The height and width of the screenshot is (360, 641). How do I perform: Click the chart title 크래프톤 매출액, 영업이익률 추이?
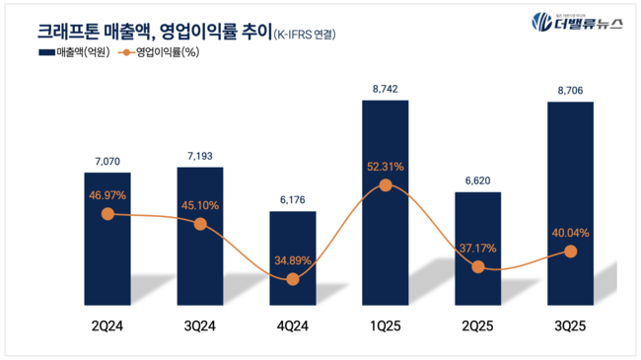(x=138, y=34)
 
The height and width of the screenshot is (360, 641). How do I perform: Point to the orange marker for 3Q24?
(x=200, y=224)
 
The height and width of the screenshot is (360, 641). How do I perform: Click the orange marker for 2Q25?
(x=478, y=266)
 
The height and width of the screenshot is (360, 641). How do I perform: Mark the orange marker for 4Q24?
(x=293, y=279)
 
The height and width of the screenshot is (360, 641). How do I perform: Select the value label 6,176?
(x=293, y=200)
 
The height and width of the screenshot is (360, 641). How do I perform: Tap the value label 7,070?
(x=107, y=160)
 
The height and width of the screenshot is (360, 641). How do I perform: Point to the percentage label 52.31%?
(x=386, y=166)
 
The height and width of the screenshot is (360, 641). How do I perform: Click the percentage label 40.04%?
(x=570, y=233)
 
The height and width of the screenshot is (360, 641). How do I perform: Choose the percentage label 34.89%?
(x=293, y=259)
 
